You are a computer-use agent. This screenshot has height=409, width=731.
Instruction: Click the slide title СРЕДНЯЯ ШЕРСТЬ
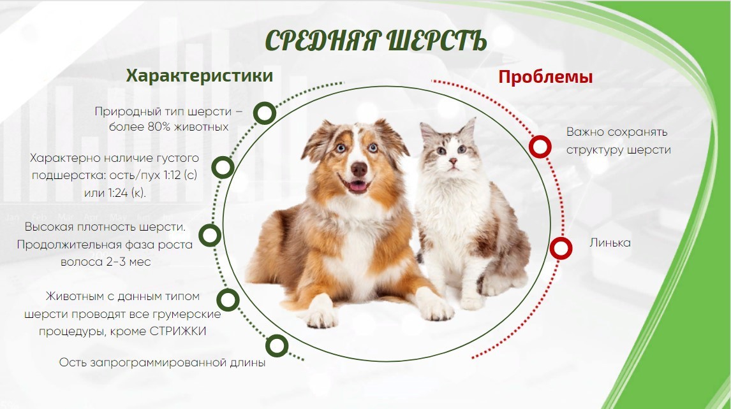tap(376, 41)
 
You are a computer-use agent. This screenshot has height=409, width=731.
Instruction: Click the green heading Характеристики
tap(200, 75)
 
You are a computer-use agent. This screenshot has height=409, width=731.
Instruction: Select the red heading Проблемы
tap(545, 77)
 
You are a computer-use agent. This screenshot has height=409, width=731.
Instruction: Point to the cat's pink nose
tap(452, 161)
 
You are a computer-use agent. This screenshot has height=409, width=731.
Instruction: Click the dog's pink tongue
tap(358, 187)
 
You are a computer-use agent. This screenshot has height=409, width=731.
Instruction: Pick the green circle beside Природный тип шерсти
tap(265, 113)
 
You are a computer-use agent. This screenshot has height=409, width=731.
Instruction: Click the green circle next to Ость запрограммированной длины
tap(277, 346)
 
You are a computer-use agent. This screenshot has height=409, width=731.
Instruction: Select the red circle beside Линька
tap(561, 248)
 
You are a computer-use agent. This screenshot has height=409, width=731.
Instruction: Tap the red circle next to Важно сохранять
tap(540, 147)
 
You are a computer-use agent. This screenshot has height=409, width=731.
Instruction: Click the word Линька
tap(610, 243)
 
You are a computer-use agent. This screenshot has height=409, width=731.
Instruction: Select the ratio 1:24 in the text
tap(117, 192)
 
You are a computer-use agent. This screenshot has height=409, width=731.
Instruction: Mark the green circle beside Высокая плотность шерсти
tap(210, 235)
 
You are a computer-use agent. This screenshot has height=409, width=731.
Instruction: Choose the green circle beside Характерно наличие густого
tap(223, 167)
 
